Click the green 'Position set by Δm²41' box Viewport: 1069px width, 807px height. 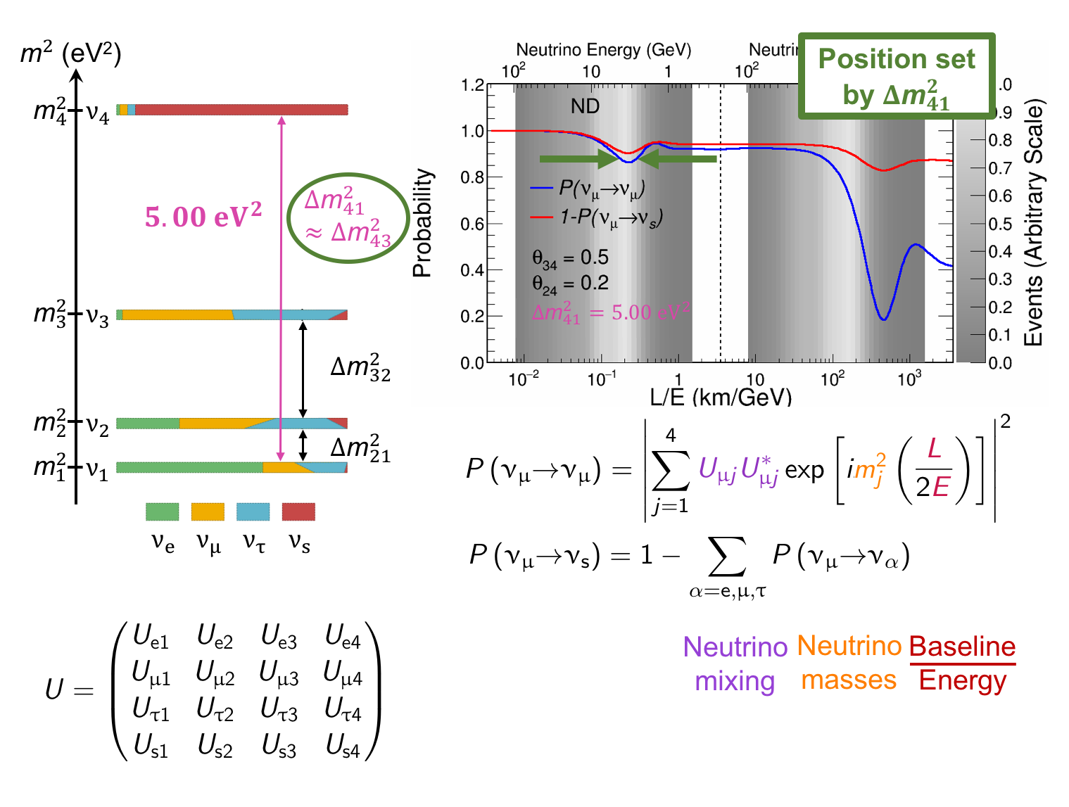coord(897,76)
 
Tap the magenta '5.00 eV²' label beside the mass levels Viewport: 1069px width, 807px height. coord(203,216)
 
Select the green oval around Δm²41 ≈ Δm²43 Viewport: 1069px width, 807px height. coord(348,217)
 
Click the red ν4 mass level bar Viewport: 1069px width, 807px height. coord(239,110)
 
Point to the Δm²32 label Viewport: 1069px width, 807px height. coord(360,368)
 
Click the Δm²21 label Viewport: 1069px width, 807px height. coord(360,449)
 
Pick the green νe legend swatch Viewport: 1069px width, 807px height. coord(163,511)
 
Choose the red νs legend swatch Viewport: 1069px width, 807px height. coord(298,511)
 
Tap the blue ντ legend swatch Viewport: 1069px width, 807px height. coord(253,511)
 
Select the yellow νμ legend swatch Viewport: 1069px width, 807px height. coord(208,511)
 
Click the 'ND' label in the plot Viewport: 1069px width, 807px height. coord(585,106)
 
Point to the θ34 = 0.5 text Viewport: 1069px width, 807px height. coord(570,258)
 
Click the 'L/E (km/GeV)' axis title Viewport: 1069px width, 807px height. coord(721,398)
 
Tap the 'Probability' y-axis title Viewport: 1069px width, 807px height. coord(422,223)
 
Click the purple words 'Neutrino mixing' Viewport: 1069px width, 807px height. coord(735,663)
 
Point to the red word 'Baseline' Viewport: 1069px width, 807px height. coord(962,647)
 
